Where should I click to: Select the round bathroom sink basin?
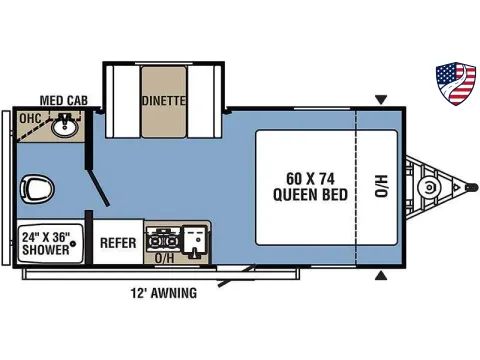(66, 127)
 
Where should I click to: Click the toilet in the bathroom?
(36, 186)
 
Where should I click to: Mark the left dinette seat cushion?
(122, 100)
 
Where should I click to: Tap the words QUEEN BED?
(310, 194)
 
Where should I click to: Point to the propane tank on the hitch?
(431, 187)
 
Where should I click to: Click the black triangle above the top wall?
(381, 99)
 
